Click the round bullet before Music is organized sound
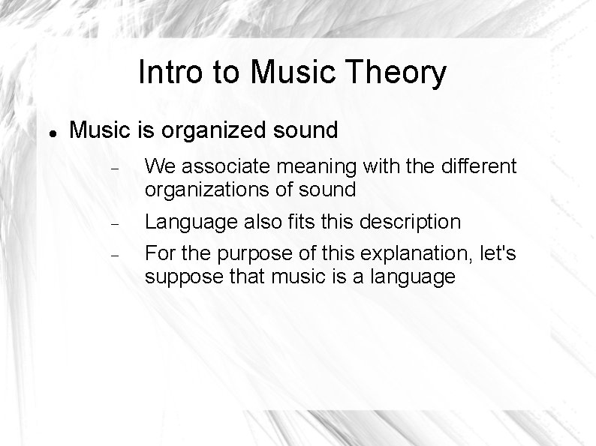53,131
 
